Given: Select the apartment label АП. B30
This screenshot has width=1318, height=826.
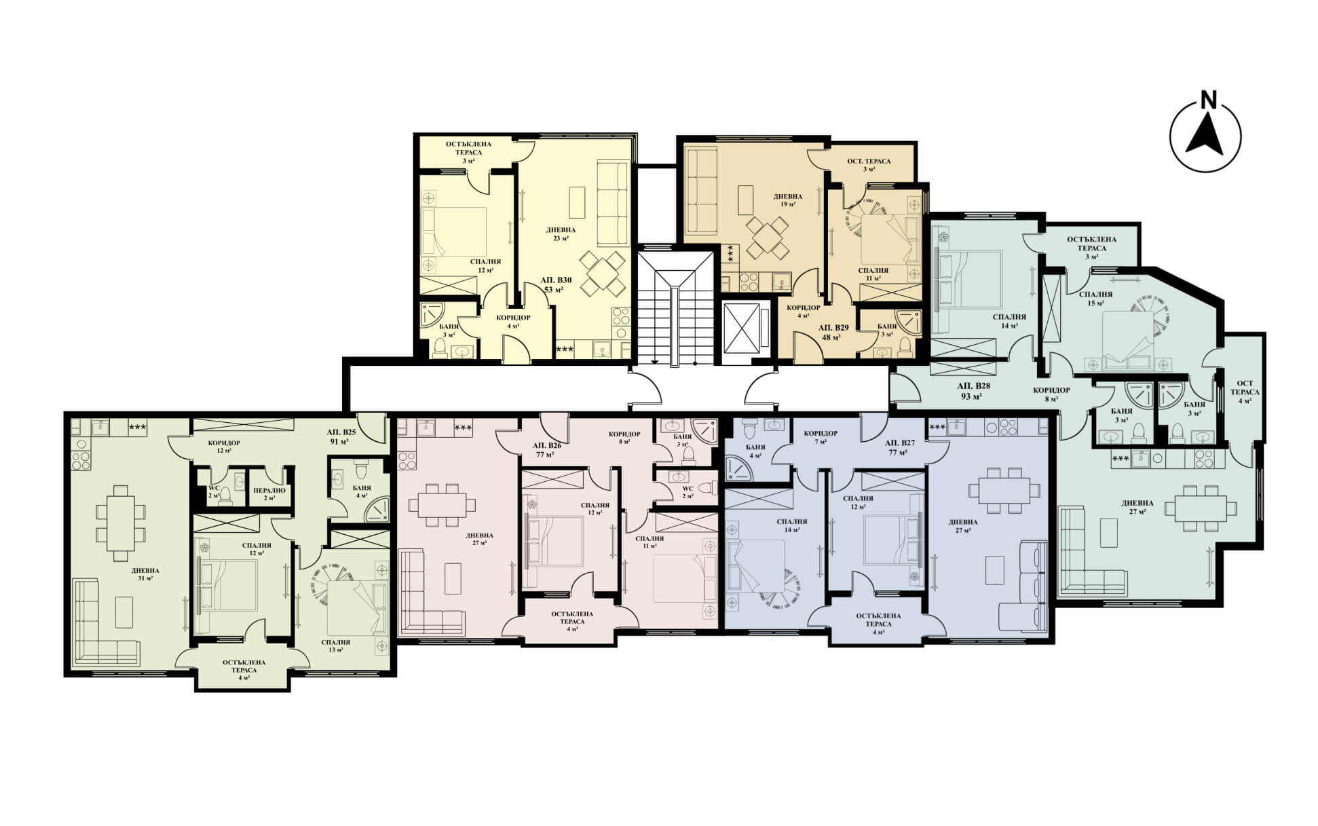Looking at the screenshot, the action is coord(556,280).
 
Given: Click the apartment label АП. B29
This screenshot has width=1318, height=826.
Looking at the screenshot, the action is coord(833,327).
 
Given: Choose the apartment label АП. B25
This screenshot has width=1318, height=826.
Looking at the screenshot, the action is coord(341,432).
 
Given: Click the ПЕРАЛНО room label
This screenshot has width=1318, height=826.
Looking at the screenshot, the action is coord(269,490).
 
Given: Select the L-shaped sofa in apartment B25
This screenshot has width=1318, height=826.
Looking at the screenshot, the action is coord(105,620).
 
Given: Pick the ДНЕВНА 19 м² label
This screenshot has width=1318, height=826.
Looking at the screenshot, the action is coord(787,200).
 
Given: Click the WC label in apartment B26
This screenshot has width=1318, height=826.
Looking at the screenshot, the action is coord(687,491).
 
